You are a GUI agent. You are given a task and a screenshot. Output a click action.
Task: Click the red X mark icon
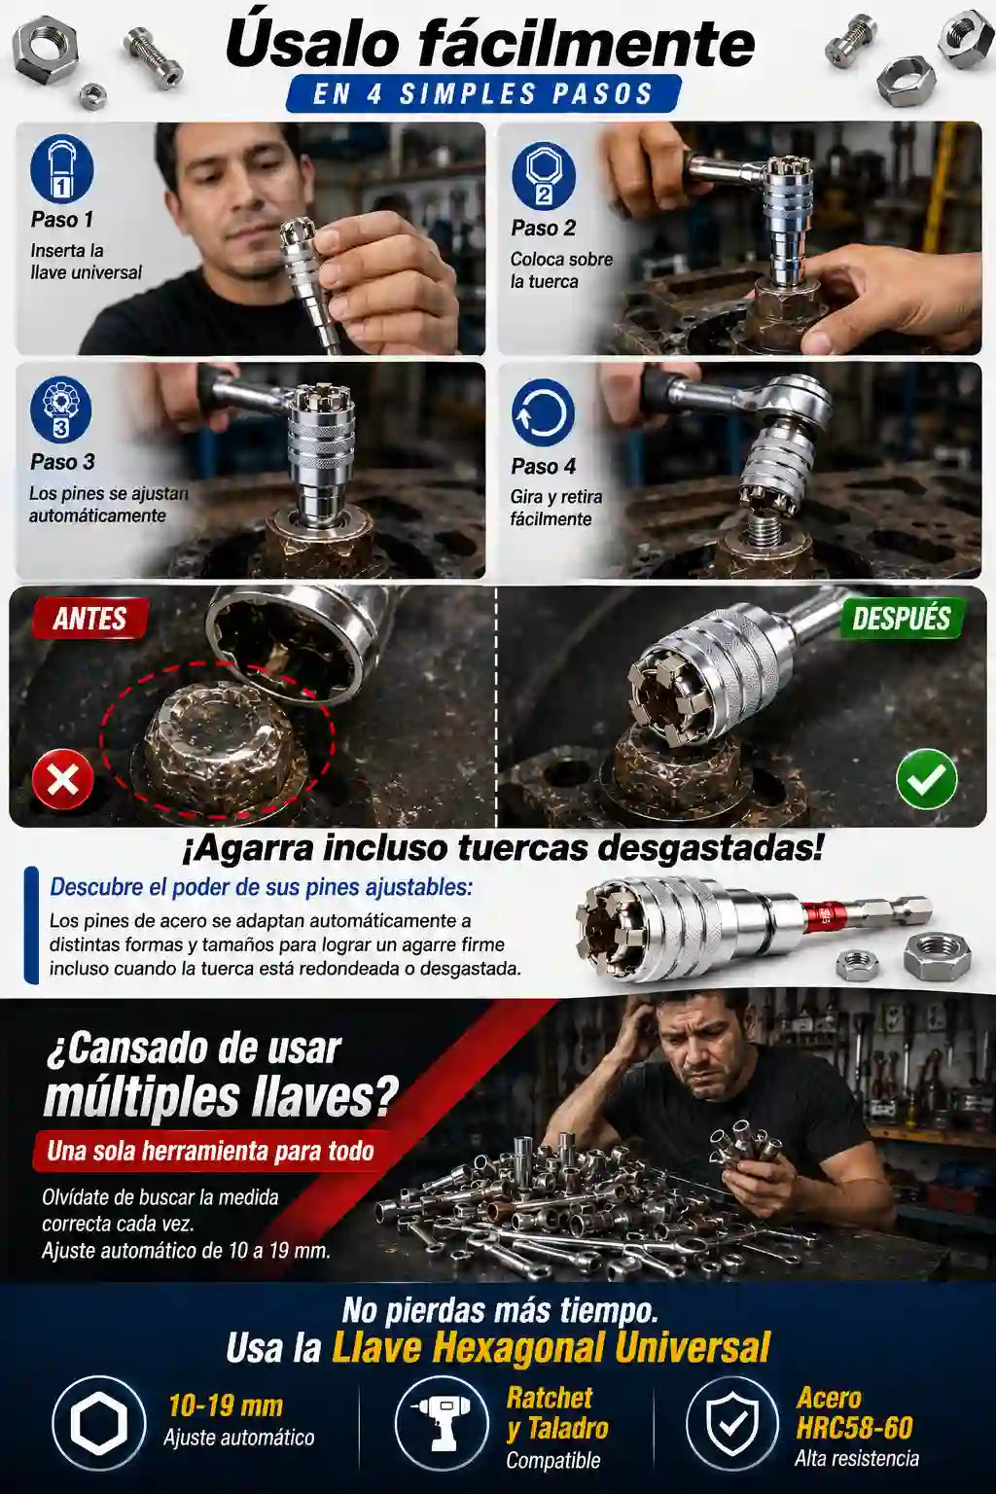(x=62, y=779)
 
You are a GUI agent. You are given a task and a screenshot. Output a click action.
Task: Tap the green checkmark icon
(x=926, y=779)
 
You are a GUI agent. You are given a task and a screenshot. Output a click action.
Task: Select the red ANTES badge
(x=89, y=619)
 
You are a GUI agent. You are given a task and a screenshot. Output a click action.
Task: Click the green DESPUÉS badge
(x=901, y=619)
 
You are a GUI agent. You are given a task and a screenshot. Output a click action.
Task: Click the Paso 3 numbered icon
(x=60, y=409)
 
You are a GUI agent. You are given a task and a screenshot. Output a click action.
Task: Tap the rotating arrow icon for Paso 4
(x=543, y=411)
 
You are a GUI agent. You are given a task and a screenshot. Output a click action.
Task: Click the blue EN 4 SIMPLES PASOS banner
(x=483, y=93)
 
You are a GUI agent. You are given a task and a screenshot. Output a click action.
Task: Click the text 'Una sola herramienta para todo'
(x=211, y=1152)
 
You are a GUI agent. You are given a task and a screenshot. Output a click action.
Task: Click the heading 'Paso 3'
(x=62, y=462)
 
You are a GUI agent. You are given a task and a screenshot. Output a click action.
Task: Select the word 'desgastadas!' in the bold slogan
(x=708, y=849)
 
